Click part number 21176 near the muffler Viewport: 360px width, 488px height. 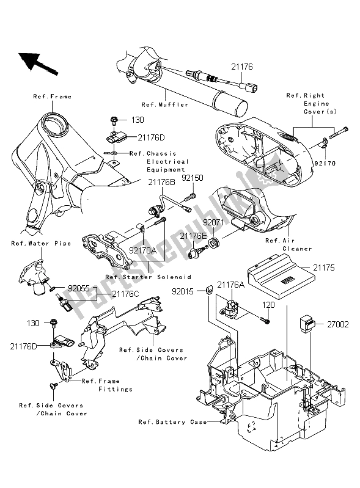click(x=241, y=68)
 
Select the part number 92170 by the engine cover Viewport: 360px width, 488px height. click(x=323, y=164)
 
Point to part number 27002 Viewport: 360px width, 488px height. click(x=336, y=325)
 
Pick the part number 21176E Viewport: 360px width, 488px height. click(x=193, y=235)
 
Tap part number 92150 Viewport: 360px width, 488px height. click(x=191, y=178)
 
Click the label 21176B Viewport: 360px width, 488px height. click(x=160, y=181)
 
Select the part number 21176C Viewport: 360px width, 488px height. click(x=125, y=294)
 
